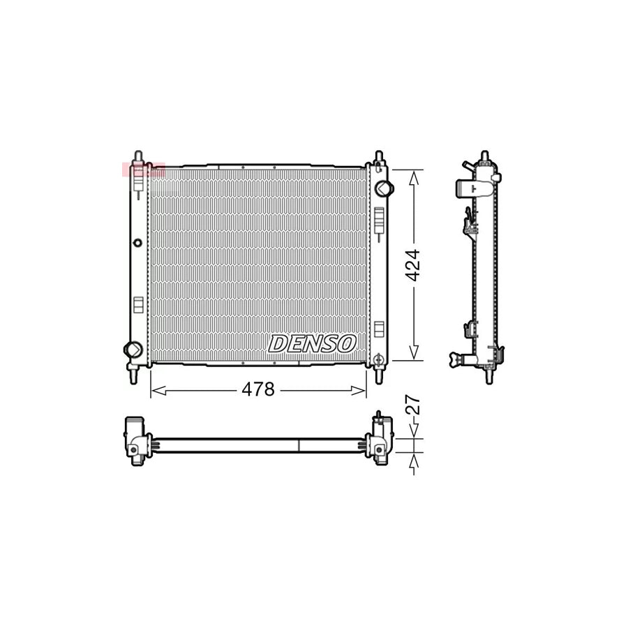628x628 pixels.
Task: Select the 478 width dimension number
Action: point(258,390)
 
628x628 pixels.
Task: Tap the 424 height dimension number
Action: point(413,265)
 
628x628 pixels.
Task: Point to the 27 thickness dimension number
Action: point(413,406)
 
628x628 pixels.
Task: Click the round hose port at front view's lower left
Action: point(132,349)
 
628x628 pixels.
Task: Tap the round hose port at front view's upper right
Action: point(382,188)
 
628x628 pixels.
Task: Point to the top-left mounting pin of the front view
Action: point(139,157)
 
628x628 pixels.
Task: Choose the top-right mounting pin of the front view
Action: point(379,157)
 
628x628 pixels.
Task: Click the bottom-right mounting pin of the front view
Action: point(379,373)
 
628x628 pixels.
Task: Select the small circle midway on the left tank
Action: point(137,243)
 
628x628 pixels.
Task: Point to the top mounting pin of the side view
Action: point(485,156)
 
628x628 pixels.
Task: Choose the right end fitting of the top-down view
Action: point(380,440)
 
